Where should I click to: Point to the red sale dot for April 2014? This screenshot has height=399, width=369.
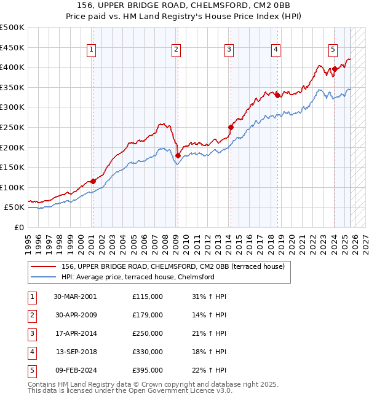pyautogui.click(x=231, y=128)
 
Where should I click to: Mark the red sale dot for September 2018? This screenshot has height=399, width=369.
pyautogui.click(x=277, y=95)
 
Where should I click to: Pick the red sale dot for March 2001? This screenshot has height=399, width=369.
pyautogui.click(x=93, y=181)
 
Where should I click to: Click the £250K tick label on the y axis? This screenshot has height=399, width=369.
pyautogui.click(x=12, y=127)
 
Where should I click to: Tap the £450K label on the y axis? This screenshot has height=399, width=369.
pyautogui.click(x=12, y=47)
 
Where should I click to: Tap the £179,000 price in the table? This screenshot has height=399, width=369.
pyautogui.click(x=148, y=315)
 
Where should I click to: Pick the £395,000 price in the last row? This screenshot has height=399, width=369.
pyautogui.click(x=148, y=370)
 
